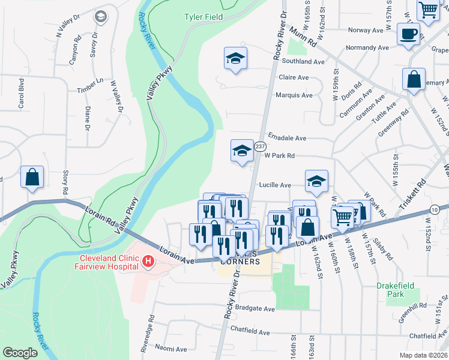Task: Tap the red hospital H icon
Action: (x=147, y=262)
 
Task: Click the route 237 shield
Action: (x=260, y=146)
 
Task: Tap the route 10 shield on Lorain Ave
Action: (x=434, y=209)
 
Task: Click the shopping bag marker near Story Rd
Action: (x=32, y=178)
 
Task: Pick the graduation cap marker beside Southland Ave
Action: (x=235, y=58)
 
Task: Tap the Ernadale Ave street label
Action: (x=287, y=137)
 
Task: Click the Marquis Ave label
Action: (x=294, y=95)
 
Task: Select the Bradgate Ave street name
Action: (x=255, y=309)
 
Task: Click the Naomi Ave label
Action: (x=172, y=347)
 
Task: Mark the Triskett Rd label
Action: (x=412, y=199)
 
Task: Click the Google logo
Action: (x=20, y=353)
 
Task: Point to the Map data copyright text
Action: (x=423, y=355)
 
